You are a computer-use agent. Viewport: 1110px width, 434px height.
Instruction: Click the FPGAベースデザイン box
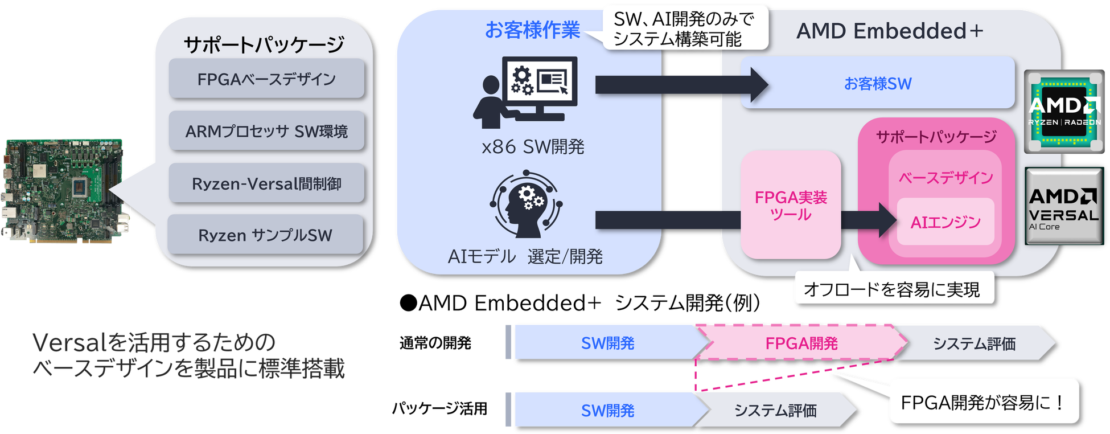pos(266,79)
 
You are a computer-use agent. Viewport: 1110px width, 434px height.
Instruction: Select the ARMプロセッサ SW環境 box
pos(266,131)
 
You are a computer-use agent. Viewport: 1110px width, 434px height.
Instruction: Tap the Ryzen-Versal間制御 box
pos(266,183)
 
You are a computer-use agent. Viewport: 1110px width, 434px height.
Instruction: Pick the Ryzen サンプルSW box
pos(265,235)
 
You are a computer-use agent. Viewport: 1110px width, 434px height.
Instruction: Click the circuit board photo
pos(65,193)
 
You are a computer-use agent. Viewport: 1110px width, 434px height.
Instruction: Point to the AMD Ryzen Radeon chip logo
pos(1064,112)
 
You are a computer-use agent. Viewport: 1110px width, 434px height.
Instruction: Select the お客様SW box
pos(877,83)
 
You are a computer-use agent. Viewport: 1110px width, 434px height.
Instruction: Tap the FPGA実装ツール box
pos(791,205)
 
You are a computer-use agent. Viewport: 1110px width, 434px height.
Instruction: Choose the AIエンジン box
pos(945,222)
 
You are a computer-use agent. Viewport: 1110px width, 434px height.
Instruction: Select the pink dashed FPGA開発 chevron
pos(801,343)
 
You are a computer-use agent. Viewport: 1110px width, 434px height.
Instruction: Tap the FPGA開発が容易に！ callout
pos(983,402)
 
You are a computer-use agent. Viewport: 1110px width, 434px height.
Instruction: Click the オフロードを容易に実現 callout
pos(893,289)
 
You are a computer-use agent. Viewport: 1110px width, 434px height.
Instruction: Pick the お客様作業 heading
pos(532,30)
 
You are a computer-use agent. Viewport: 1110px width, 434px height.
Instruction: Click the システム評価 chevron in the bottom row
pos(775,410)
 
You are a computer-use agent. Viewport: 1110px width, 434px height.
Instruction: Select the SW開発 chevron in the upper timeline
pos(607,343)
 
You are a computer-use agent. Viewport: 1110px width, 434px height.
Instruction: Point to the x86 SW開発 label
pos(533,147)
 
